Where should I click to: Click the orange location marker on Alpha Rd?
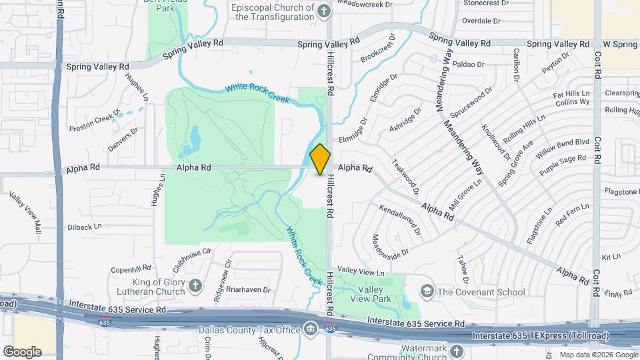(320, 159)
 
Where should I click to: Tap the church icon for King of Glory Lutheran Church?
(195, 286)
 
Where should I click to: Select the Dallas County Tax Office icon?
(310, 329)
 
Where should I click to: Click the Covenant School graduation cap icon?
(427, 291)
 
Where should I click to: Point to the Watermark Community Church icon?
(456, 350)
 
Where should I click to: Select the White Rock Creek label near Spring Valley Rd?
(257, 93)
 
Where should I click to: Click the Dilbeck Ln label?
(85, 227)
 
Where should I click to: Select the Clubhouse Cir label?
(192, 255)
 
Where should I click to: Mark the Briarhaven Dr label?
(247, 290)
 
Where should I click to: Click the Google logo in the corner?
(22, 352)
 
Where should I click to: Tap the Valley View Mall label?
(25, 213)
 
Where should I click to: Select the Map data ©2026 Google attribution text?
(598, 355)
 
